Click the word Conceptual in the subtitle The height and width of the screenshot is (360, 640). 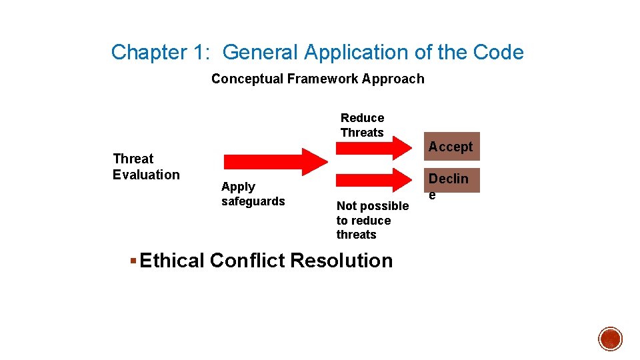(247, 79)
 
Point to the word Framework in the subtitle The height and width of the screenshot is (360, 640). (323, 79)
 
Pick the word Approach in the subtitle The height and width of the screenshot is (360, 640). (394, 79)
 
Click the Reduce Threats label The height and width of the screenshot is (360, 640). (362, 125)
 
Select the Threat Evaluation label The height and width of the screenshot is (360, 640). (146, 167)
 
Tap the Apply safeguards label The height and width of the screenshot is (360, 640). (253, 194)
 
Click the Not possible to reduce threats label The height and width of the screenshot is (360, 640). (372, 220)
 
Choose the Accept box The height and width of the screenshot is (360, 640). (451, 147)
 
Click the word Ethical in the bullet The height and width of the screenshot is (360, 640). (172, 261)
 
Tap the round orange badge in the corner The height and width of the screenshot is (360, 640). (610, 339)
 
